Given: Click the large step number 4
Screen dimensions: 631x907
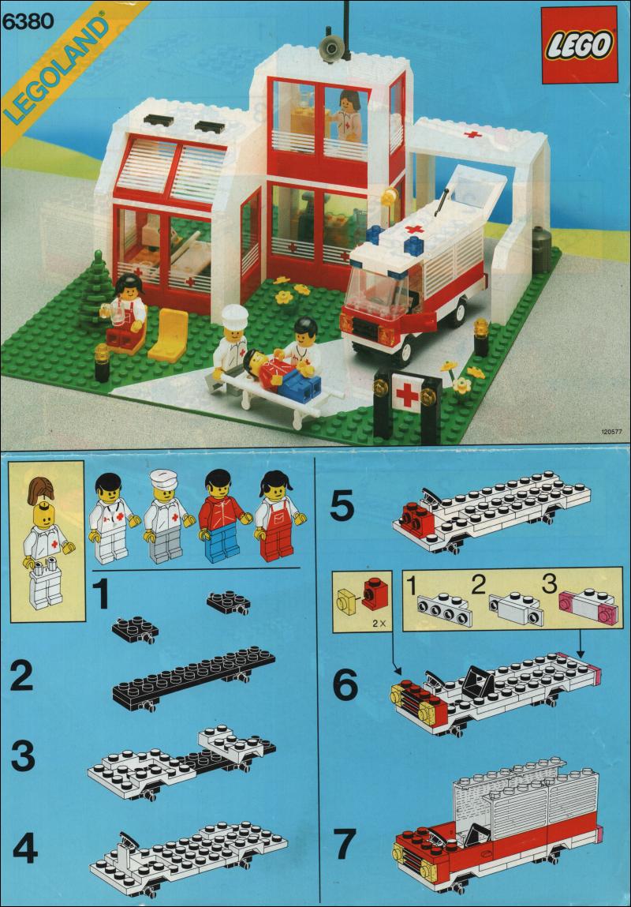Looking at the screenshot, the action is [25, 849].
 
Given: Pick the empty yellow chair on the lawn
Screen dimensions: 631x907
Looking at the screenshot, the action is [170, 335].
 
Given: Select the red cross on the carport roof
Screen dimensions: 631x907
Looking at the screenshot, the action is [472, 135].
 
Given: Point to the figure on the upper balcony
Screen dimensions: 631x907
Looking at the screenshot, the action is [347, 115].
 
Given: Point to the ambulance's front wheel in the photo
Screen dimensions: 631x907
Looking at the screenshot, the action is [414, 348].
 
